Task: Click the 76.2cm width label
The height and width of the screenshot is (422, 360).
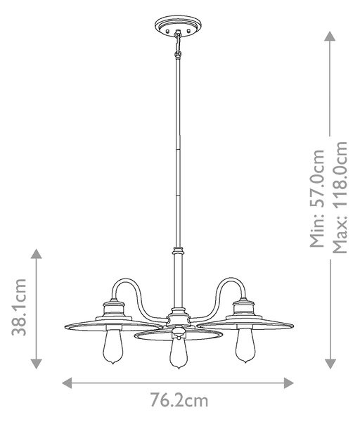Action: tap(179, 401)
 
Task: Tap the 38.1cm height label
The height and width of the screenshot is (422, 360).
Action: tap(19, 307)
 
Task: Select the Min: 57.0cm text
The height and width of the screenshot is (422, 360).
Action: tap(317, 198)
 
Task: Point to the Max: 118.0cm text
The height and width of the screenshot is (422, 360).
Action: tap(340, 197)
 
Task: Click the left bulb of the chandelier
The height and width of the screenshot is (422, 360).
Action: tap(113, 345)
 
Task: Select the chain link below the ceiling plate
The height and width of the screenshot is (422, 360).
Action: tap(178, 43)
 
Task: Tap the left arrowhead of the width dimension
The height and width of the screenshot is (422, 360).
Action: tap(67, 383)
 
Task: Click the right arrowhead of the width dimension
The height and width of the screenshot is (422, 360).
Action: tap(289, 383)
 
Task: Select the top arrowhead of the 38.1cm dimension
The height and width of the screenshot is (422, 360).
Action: tap(37, 254)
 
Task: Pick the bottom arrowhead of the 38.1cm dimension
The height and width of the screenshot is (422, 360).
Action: tap(37, 364)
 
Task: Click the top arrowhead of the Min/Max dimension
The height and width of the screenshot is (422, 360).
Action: tap(330, 36)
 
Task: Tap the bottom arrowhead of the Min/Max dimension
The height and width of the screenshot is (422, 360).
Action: tap(330, 364)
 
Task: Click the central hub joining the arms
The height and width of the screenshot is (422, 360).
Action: tap(179, 319)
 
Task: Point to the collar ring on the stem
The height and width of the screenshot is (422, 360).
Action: tap(178, 251)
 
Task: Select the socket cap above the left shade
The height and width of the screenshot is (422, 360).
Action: tap(114, 309)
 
